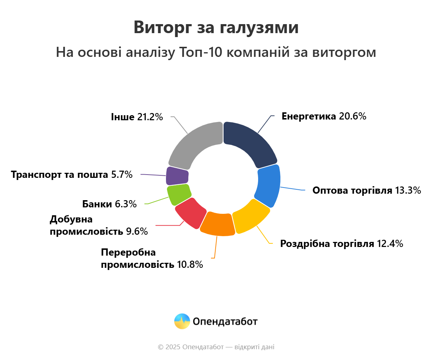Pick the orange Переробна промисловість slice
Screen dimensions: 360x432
click(218, 224)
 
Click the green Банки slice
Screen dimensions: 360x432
click(179, 194)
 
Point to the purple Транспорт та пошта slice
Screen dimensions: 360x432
click(177, 176)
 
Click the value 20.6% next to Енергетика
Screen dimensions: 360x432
click(352, 116)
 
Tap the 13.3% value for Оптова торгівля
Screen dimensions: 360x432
click(408, 190)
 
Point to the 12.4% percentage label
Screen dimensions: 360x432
click(390, 244)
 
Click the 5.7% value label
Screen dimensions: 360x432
click(122, 175)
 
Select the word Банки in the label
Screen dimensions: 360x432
click(97, 204)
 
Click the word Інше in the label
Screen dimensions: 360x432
click(122, 117)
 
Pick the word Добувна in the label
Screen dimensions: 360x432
click(71, 219)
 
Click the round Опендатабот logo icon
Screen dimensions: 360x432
click(182, 321)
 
